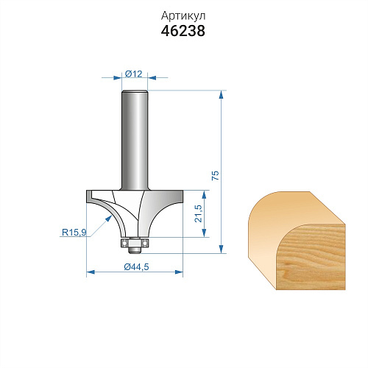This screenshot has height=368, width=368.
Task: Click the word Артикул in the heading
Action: [183, 16]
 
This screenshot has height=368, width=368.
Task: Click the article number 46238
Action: [183, 31]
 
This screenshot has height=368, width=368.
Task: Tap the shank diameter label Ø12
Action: [134, 74]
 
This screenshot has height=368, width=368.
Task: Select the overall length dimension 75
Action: [215, 176]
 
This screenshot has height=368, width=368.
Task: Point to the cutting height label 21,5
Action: [198, 213]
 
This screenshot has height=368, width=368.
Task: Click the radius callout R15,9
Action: [74, 232]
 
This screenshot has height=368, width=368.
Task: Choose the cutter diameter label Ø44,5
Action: [136, 266]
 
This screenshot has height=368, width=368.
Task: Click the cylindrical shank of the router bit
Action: [135, 140]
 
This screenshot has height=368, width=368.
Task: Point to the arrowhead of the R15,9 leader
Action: [109, 218]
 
